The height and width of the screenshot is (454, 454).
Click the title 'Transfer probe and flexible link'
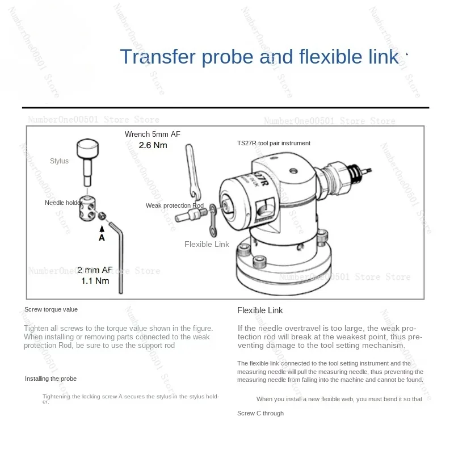coord(259,57)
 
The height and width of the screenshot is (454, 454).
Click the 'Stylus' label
coord(59,161)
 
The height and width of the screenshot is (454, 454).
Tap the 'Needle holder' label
coord(64,203)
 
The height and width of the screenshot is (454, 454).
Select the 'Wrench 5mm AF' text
coord(153,134)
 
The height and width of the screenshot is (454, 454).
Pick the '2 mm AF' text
coord(95,270)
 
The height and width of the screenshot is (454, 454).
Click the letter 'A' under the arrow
coord(102,238)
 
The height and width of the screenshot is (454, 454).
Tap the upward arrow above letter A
coord(102,229)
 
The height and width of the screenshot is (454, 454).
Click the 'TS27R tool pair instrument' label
coord(274,144)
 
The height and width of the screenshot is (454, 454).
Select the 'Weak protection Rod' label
coord(174,205)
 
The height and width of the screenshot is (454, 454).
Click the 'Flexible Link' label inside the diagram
coord(207,244)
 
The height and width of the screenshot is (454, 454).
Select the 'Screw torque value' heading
coord(51,309)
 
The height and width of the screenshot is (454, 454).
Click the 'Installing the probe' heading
coord(51,379)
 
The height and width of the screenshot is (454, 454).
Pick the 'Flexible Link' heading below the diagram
coord(260,310)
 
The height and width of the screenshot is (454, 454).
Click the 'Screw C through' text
coord(260,413)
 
